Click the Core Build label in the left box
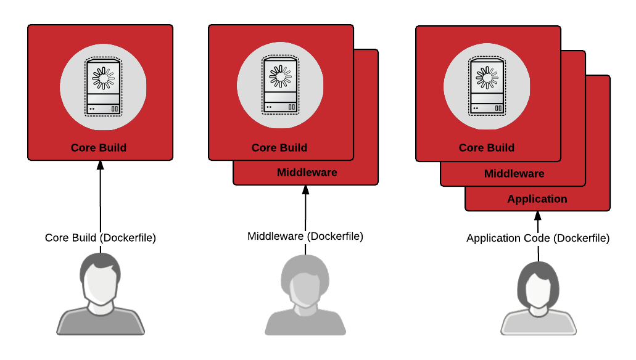point(99,148)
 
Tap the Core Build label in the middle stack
point(279,148)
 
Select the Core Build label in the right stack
point(487,148)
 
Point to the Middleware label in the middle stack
point(307,173)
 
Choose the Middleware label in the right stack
point(514,174)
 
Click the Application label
point(537,199)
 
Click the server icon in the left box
point(103,87)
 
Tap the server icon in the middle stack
point(280,85)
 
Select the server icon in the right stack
point(487,86)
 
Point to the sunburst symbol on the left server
point(103,78)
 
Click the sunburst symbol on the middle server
point(280,76)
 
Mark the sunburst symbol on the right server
point(487,78)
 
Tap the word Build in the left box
point(113,148)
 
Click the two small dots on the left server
point(92,109)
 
